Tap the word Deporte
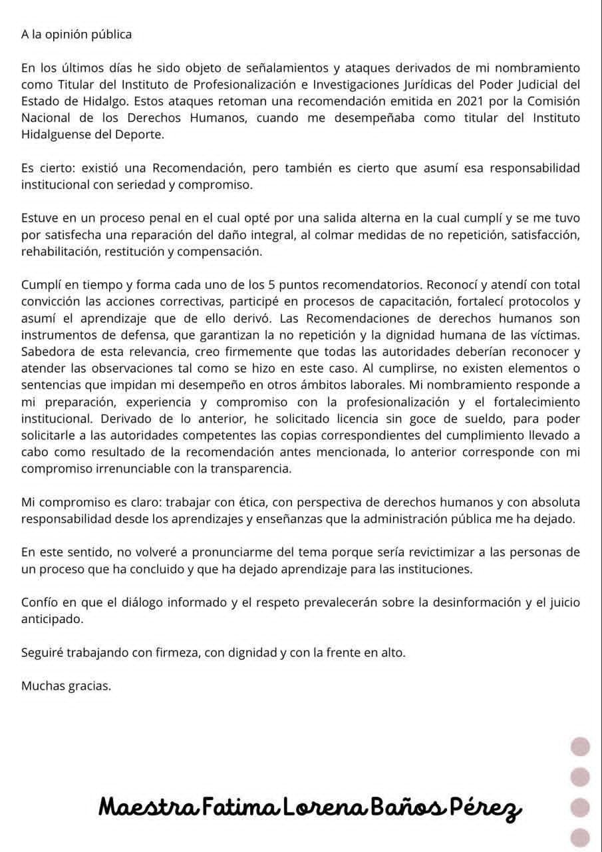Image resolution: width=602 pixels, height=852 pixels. tap(141, 134)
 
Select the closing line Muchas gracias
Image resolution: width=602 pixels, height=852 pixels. tap(66, 686)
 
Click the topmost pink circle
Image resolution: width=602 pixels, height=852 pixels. tap(581, 747)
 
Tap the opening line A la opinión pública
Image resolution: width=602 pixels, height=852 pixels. tap(76, 35)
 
